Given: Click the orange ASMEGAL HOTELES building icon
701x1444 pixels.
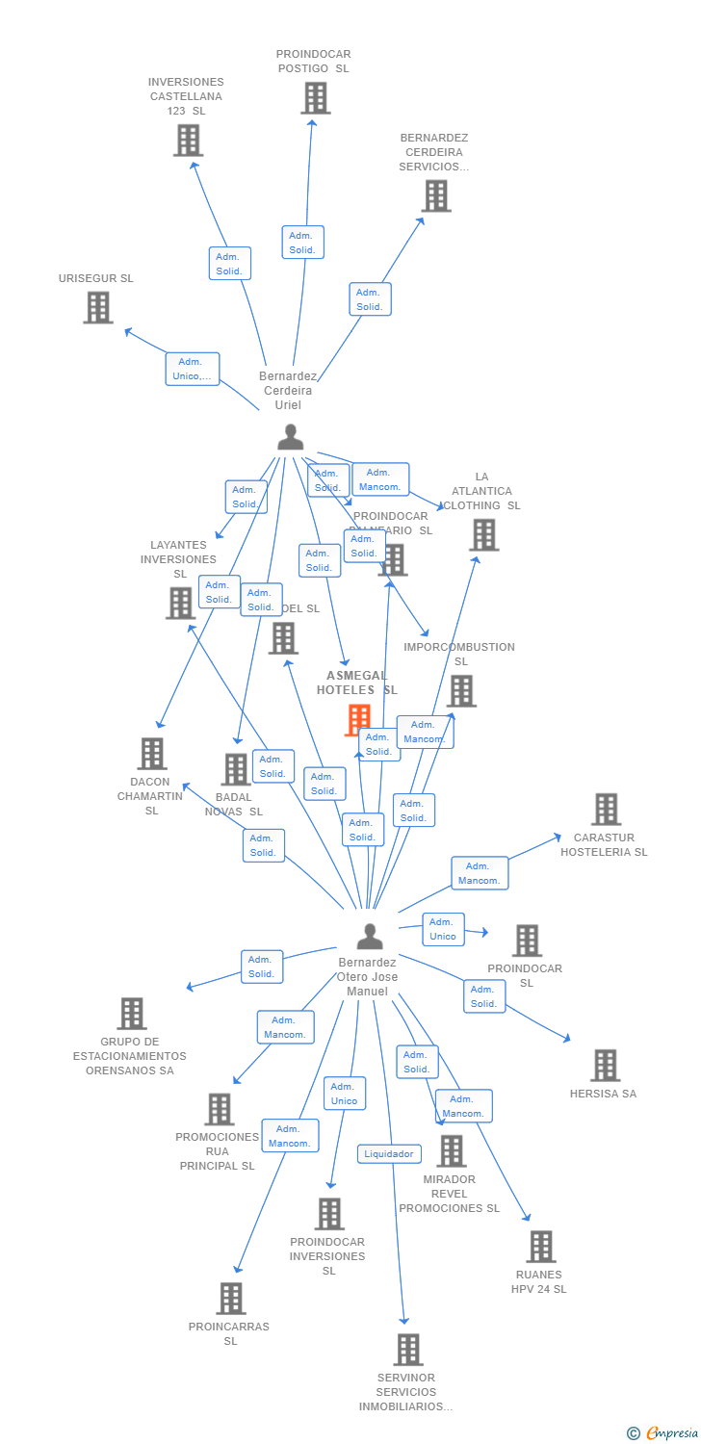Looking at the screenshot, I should pos(358,719).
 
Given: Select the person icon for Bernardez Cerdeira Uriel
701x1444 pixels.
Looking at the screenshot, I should pos(290,437).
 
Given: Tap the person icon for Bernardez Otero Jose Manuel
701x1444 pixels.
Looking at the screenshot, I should pos(370,936).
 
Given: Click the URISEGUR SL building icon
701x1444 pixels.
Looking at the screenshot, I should pos(97,307).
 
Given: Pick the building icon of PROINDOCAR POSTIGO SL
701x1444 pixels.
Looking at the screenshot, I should pos(315,98).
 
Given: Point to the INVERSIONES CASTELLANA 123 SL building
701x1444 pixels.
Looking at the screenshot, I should pos(188,140).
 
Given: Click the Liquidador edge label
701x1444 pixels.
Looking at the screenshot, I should pos(389,1153).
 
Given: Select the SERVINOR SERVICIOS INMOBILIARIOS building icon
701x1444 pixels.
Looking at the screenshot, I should pos(407,1350).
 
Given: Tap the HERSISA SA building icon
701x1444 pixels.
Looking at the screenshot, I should pos(605,1066).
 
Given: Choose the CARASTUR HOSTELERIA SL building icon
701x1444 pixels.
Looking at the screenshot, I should pos(605,810).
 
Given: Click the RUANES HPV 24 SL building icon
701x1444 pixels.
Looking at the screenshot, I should pos(540,1247).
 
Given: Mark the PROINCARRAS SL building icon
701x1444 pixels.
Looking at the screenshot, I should pos(230,1299).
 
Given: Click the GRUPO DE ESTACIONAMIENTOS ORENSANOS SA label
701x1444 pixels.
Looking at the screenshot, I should pos(130,1056).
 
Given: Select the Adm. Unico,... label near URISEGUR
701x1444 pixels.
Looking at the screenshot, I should pos(193,369).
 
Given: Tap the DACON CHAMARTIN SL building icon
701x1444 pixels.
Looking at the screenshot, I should pos(151,754).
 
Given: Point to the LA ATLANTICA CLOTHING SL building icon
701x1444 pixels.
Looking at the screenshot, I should pos(483,534).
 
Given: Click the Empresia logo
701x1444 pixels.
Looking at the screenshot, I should pos(663,1433).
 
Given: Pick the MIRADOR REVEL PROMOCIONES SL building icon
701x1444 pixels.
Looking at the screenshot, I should pos(451,1150).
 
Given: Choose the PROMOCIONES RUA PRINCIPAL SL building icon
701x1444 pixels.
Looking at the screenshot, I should pos(219,1109).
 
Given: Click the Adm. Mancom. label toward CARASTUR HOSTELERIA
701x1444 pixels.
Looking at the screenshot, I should pos(480,873).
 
